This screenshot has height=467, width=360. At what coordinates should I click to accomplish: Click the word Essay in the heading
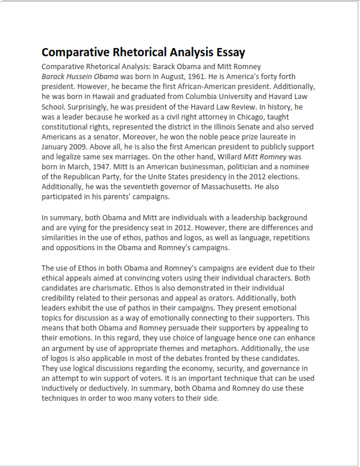pos(224,52)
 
